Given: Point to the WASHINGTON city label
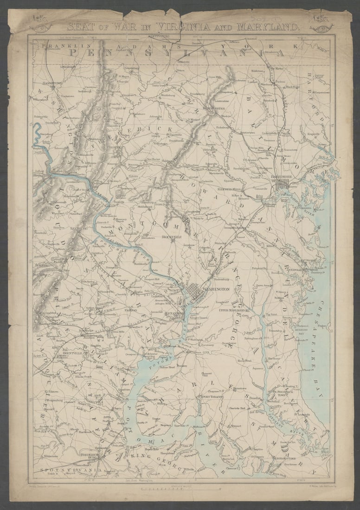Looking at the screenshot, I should (x=216, y=289).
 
